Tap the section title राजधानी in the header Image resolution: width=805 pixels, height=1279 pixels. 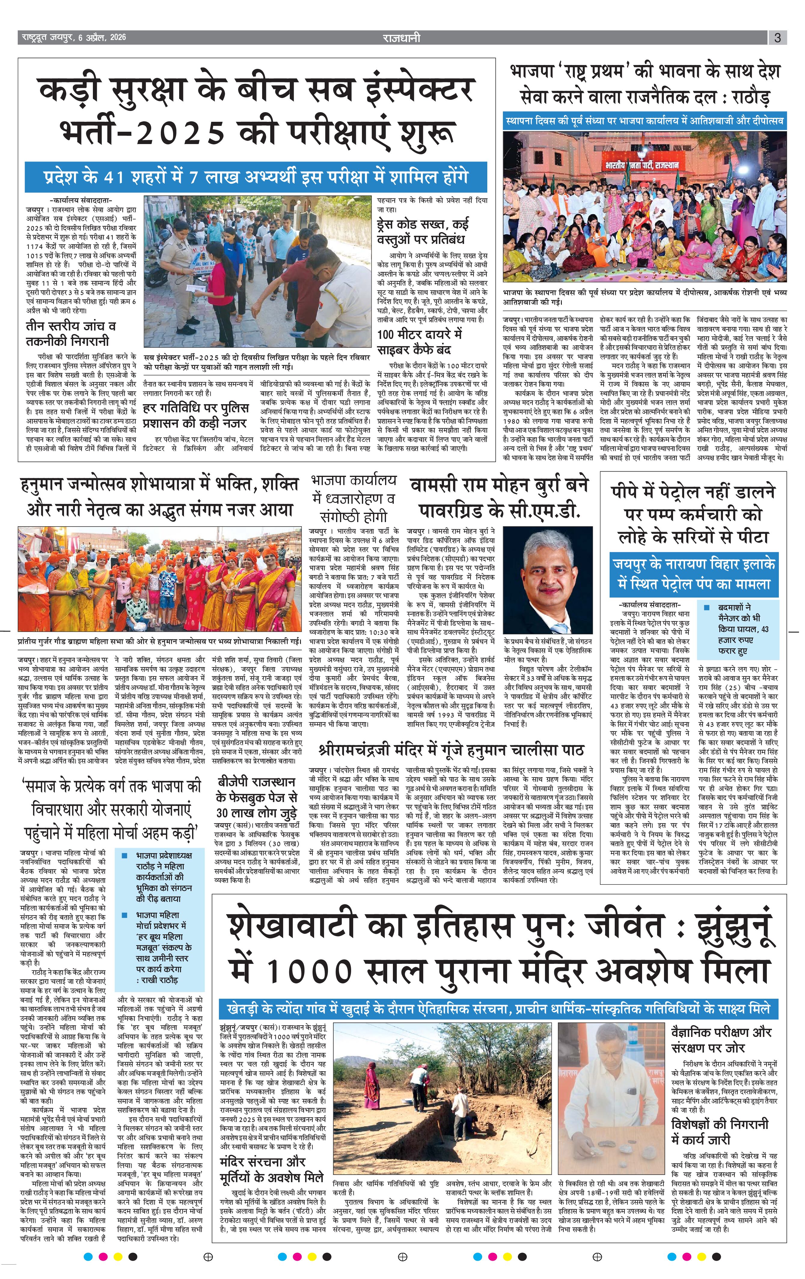click(x=402, y=38)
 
